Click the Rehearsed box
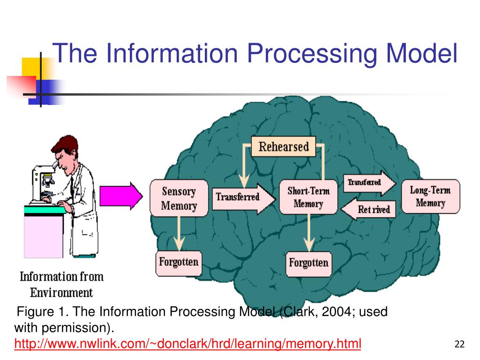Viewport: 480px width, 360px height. pyautogui.click(x=284, y=147)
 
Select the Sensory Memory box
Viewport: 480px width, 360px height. pyautogui.click(x=179, y=198)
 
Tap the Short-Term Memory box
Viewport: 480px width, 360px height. pyautogui.click(x=308, y=197)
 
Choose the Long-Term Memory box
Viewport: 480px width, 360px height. pyautogui.click(x=430, y=196)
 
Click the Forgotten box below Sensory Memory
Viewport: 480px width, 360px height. pyautogui.click(x=179, y=262)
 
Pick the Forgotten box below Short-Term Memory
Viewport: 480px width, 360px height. pyautogui.click(x=308, y=262)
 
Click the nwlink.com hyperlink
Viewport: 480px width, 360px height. pyautogui.click(x=187, y=345)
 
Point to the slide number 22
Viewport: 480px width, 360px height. pyautogui.click(x=459, y=345)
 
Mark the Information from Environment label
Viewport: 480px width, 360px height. pyautogui.click(x=61, y=285)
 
